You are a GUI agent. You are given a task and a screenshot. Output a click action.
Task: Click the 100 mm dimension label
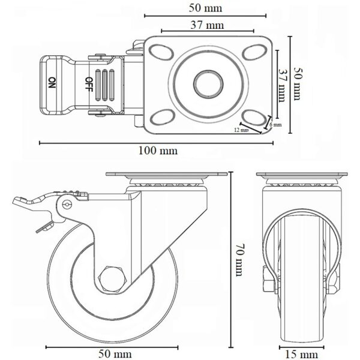[158, 151]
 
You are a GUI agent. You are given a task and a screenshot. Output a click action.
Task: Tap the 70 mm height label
[239, 259]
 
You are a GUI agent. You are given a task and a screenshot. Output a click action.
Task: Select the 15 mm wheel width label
[301, 354]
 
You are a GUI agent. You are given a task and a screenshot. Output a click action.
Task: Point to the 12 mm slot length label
[241, 130]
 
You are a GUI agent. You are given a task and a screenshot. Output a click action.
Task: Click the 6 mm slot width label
[275, 125]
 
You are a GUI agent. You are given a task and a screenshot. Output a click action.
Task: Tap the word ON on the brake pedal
[52, 83]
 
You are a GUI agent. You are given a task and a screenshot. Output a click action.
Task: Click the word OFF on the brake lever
[89, 84]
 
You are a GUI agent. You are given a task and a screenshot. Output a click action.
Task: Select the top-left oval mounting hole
[161, 52]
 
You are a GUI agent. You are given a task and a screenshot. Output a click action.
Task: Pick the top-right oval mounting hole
[254, 52]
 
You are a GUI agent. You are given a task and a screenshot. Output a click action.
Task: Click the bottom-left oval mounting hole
[161, 118]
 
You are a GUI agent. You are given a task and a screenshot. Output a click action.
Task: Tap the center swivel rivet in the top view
[208, 84]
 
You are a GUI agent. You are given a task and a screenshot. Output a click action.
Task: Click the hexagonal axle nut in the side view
[110, 279]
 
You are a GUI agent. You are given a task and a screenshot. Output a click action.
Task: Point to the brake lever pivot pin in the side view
[67, 205]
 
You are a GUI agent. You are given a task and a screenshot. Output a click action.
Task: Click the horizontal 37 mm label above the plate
[207, 25]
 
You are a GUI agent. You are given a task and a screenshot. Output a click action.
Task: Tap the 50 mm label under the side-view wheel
[115, 354]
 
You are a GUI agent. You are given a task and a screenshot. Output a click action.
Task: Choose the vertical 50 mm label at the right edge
[298, 83]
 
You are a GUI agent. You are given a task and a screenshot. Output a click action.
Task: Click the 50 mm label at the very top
[205, 8]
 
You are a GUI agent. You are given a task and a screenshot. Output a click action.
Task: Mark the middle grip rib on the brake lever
[104, 85]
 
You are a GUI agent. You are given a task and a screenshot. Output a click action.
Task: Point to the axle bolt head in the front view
[268, 279]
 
